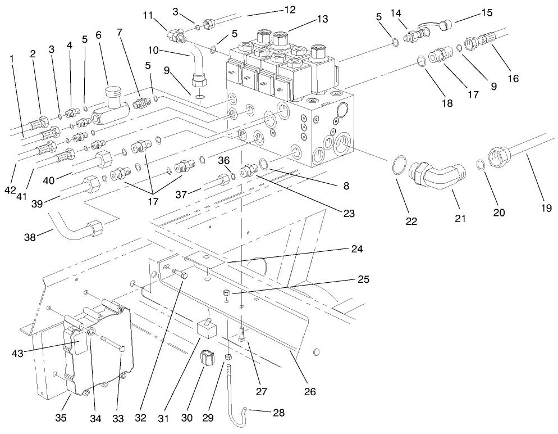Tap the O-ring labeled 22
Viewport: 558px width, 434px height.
[397, 167]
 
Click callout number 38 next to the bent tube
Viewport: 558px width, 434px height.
[30, 237]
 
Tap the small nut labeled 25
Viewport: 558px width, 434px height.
[225, 293]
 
